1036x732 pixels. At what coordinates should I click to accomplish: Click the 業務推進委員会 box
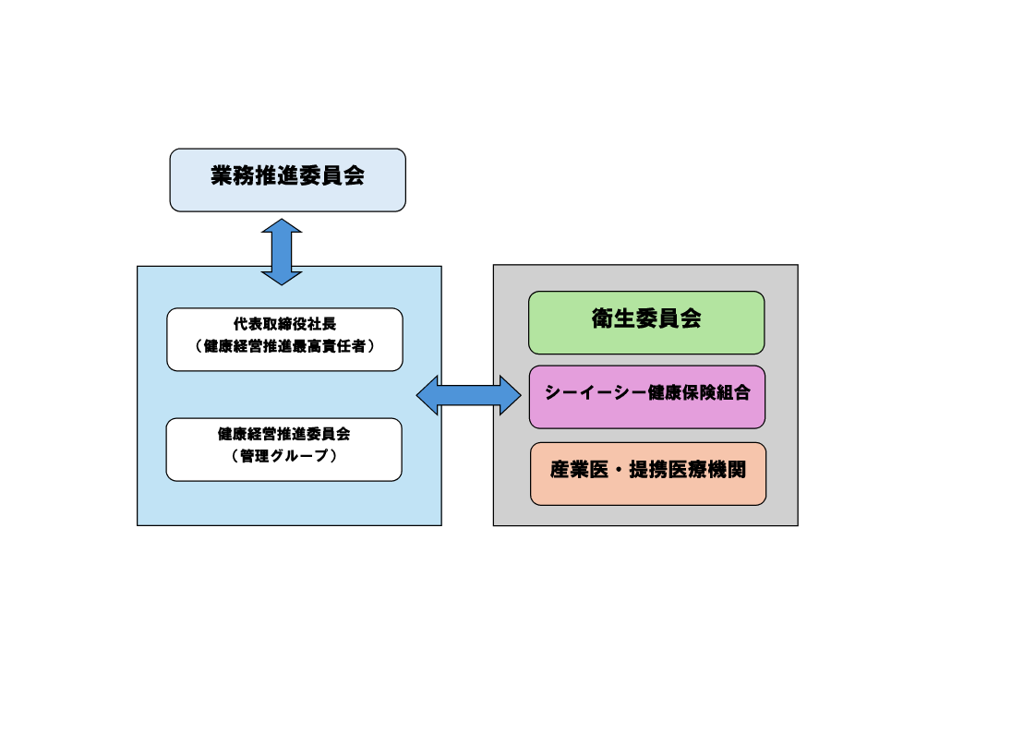tap(287, 180)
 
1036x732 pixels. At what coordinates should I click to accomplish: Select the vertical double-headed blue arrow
tap(282, 252)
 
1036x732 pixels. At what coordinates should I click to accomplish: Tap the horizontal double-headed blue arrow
tap(469, 395)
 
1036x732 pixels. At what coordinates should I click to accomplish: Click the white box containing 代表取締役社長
tap(284, 339)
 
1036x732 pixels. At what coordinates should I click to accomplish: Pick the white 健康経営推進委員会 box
tap(283, 450)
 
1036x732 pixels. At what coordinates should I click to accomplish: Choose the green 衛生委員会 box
tap(646, 322)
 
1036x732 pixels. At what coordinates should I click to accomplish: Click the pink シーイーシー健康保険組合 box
tap(646, 397)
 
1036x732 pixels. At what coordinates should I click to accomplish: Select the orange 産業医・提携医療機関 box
tap(648, 474)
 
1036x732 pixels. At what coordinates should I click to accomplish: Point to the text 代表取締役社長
tap(284, 325)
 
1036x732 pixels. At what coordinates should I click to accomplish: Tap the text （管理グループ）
tap(283, 456)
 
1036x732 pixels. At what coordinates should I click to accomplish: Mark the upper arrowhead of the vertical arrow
tap(282, 227)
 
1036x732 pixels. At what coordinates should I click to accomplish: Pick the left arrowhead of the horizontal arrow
tap(428, 395)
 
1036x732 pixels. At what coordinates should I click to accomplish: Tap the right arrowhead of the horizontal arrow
tap(511, 395)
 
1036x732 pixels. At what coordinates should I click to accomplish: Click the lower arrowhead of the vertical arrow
tap(282, 276)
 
